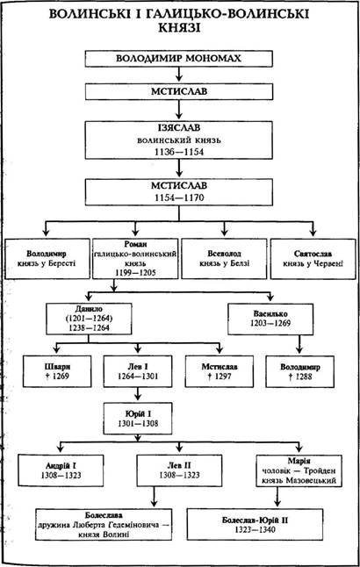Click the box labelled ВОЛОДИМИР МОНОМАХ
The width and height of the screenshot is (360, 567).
click(x=179, y=59)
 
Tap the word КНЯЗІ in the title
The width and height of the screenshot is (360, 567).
click(x=179, y=28)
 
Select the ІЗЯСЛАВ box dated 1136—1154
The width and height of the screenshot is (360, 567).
click(x=179, y=140)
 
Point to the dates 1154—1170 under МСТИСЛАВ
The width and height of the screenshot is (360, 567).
click(x=179, y=197)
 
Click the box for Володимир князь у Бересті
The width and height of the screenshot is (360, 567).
click(x=47, y=259)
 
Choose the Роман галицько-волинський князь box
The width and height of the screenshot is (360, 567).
click(x=135, y=259)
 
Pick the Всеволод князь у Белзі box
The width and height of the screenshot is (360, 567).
click(x=224, y=259)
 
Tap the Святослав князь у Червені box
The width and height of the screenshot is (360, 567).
click(x=313, y=259)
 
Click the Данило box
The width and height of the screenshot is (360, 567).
click(x=89, y=319)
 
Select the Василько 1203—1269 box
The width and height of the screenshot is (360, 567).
click(x=270, y=319)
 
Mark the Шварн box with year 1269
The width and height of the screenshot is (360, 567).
click(x=57, y=371)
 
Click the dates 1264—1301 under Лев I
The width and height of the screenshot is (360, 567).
click(x=138, y=377)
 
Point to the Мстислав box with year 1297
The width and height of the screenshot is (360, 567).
click(x=220, y=371)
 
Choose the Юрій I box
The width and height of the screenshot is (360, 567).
click(x=138, y=419)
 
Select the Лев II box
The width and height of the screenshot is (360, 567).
click(x=179, y=470)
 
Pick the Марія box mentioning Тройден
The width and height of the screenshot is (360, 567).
click(x=300, y=470)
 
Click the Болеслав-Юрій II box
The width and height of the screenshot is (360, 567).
click(x=256, y=524)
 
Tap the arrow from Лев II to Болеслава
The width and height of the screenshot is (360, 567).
click(x=155, y=497)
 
